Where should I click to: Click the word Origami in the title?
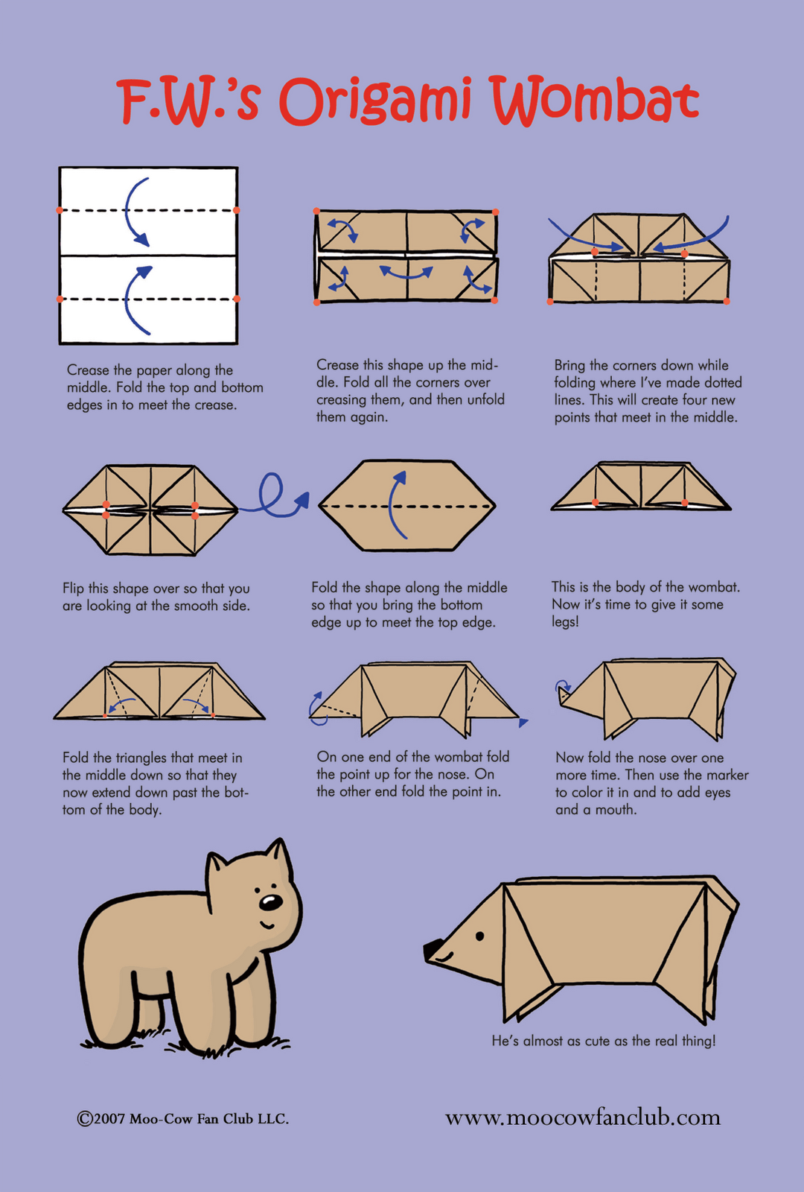[375, 103]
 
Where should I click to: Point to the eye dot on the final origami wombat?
[480, 935]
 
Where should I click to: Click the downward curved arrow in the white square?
[135, 212]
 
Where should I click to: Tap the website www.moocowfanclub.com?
[582, 1117]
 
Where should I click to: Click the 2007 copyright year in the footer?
[109, 1119]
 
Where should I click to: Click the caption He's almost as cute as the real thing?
[603, 1041]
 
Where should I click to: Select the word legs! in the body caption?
[565, 621]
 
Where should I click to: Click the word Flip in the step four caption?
[74, 588]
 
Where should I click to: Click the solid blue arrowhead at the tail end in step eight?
[523, 722]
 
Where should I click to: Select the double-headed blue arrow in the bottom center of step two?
[406, 272]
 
